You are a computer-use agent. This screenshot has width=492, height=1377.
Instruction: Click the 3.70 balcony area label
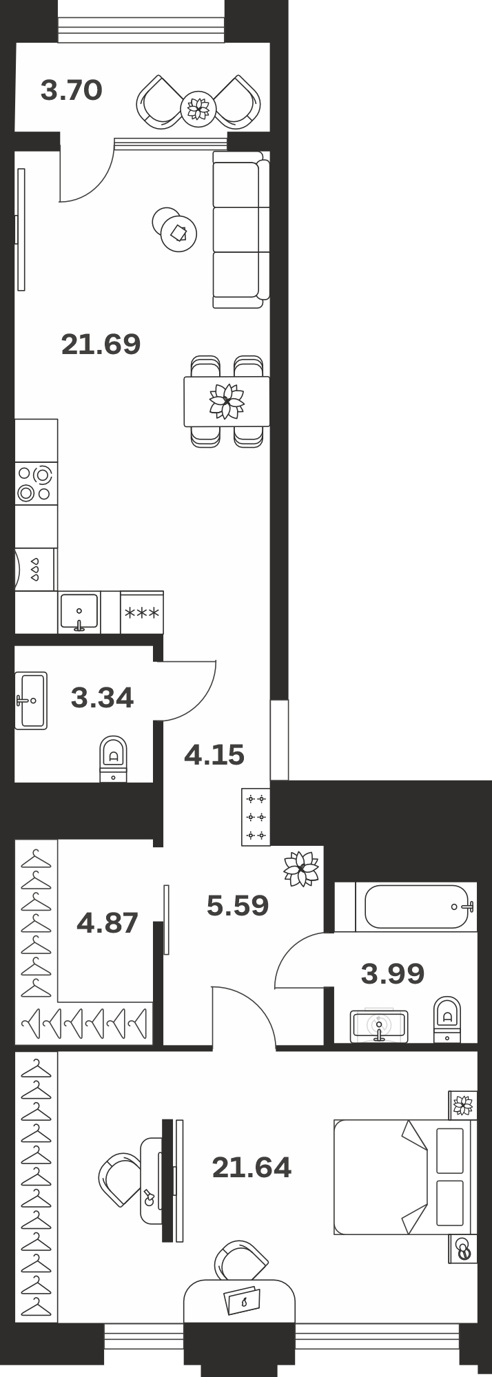71,90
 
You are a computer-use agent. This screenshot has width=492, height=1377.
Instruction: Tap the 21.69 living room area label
101,344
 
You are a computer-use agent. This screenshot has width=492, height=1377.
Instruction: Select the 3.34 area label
102,698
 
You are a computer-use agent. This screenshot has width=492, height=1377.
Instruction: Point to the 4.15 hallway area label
214,755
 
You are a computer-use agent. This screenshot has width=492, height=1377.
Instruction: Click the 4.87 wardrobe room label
107,922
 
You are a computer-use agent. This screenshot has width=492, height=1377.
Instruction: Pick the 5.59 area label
238,905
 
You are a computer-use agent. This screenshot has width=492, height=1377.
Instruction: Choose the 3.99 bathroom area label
393,973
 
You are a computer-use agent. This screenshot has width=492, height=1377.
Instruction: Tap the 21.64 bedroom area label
252,1167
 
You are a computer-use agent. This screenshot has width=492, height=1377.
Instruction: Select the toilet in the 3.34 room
114,759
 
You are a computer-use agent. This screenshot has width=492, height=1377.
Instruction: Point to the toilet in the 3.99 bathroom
447,1019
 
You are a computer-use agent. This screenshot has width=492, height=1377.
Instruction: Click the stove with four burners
36,484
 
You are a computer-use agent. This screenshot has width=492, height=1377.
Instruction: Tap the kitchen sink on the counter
79,612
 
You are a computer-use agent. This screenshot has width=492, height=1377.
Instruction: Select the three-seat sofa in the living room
240,230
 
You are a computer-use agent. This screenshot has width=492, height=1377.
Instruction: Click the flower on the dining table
227,401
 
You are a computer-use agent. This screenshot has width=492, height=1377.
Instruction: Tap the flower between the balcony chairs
198,107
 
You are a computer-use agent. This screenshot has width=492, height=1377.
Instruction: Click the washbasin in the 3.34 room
31,701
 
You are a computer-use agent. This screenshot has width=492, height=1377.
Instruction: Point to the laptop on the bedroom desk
243,1300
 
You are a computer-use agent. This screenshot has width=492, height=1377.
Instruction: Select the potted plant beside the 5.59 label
302,869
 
